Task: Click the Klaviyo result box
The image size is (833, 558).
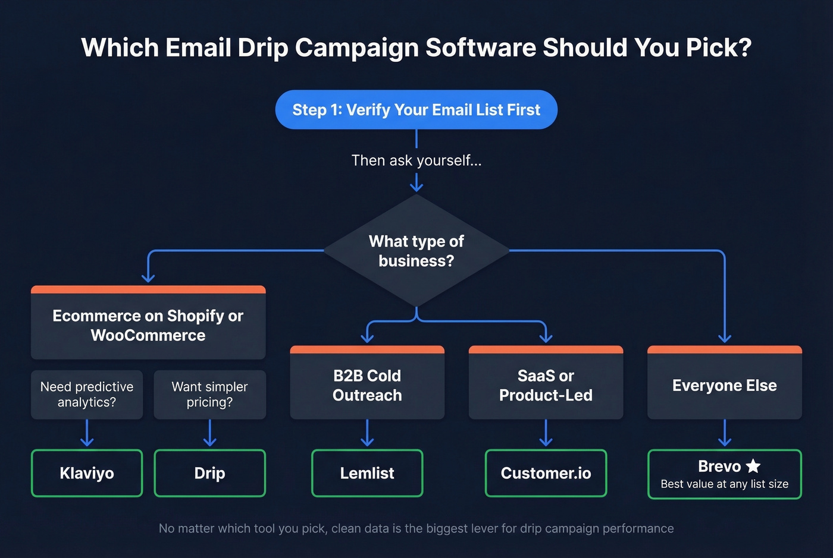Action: (x=87, y=473)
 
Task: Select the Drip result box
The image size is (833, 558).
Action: (x=209, y=473)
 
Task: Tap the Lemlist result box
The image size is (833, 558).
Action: (x=367, y=473)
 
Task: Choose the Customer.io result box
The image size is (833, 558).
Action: (x=546, y=473)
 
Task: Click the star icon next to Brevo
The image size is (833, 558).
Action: (x=753, y=466)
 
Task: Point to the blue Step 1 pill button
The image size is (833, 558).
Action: (x=416, y=110)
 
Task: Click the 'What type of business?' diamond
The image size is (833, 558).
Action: (x=416, y=251)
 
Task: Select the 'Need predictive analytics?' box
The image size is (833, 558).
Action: (x=87, y=395)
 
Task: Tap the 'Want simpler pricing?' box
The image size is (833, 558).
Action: (x=209, y=395)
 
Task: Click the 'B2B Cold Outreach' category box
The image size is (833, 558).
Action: (x=367, y=385)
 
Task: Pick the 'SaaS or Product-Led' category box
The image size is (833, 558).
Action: (x=546, y=385)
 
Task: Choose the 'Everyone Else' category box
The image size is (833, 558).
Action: (x=724, y=385)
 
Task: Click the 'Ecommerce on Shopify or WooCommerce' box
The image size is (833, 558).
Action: (x=148, y=325)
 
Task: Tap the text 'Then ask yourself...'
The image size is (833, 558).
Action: (x=416, y=160)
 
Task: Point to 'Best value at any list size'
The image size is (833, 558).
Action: (x=724, y=484)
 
